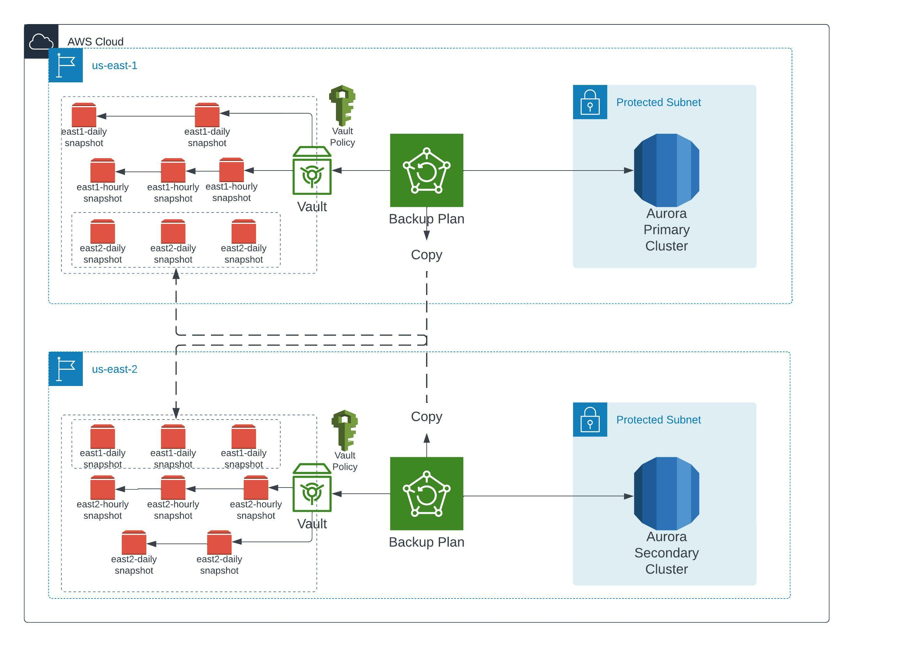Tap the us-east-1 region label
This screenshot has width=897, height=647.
point(114,66)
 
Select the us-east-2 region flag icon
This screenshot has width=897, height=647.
point(66,369)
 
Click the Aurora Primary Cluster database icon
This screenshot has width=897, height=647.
point(666,170)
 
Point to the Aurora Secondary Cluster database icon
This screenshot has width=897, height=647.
point(666,493)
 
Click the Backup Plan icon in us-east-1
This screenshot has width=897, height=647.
point(426,170)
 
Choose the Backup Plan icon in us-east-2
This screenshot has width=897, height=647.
point(426,493)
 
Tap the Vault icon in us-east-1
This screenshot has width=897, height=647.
point(312,171)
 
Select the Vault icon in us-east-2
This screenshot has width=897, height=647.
point(312,488)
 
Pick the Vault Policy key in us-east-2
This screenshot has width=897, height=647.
point(345,430)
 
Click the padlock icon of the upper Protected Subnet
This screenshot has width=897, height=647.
point(590,102)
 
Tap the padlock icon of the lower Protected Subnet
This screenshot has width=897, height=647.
point(590,420)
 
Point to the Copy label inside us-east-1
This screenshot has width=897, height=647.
point(426,255)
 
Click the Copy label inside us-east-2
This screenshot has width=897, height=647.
point(426,417)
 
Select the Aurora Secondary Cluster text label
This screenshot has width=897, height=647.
point(666,553)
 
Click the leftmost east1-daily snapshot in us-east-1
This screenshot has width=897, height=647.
point(84,115)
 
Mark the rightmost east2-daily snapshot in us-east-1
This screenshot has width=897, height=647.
point(244,231)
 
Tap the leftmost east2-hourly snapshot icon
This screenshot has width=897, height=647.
point(102,488)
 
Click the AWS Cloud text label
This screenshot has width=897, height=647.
point(95,42)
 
